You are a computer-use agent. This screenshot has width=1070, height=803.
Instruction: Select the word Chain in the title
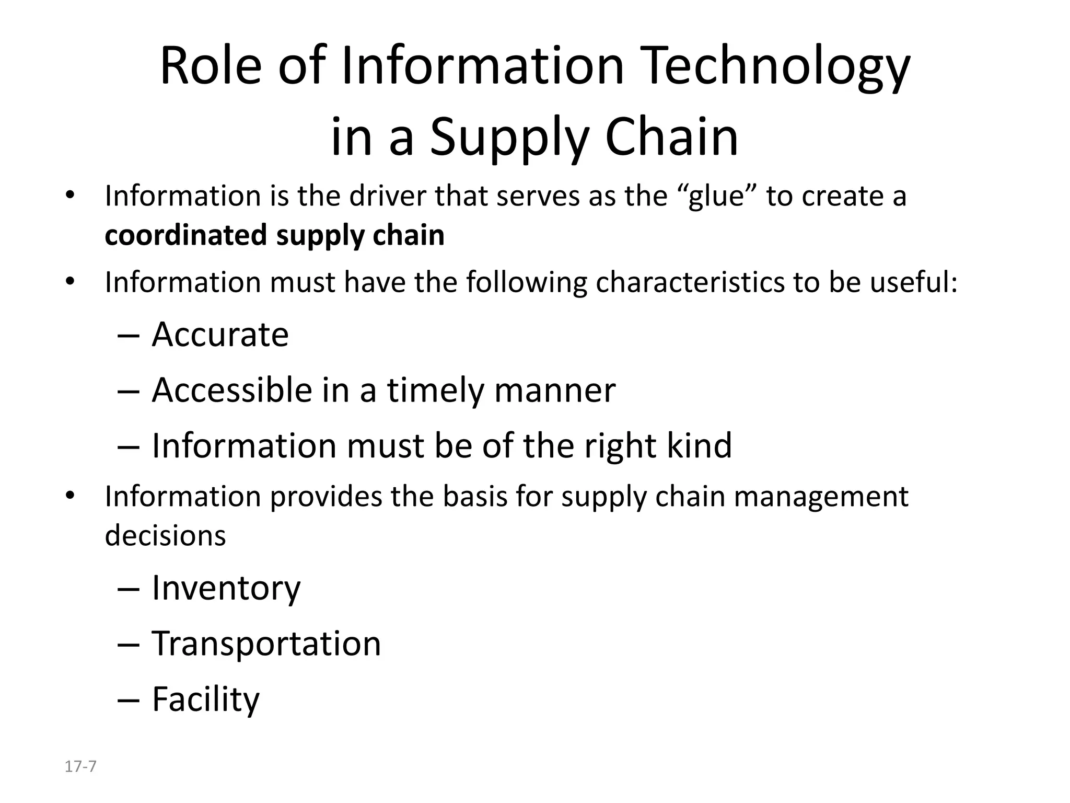671,137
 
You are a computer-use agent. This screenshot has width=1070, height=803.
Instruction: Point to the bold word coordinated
186,235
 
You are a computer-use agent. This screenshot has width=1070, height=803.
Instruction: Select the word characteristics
690,282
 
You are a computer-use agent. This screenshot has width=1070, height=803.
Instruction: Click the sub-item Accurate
220,335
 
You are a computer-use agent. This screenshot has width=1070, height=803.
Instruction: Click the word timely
435,391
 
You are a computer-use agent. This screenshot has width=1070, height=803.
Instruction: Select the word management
821,497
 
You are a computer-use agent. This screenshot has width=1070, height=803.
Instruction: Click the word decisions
165,536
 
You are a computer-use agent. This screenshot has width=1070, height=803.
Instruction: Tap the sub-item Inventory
226,588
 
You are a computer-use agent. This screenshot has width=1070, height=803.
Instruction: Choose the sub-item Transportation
266,644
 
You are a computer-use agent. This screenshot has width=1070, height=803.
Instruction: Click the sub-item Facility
205,699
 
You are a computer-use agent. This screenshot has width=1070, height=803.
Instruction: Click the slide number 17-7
80,767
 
